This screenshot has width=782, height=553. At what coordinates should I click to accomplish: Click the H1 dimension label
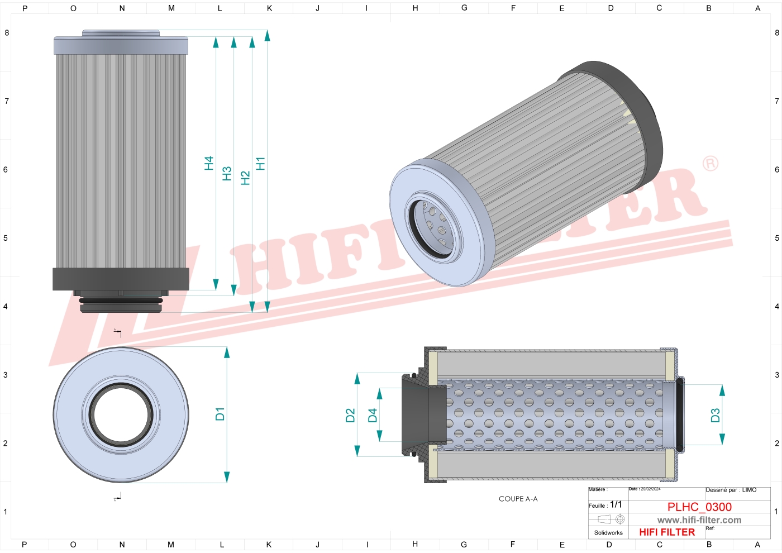(x=260, y=164)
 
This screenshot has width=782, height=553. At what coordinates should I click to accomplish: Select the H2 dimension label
(x=245, y=178)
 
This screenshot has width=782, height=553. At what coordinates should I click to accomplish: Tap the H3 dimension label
(x=227, y=173)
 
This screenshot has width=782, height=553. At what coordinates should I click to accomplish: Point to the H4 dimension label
(x=209, y=163)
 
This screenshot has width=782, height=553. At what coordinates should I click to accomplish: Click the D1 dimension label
(x=220, y=414)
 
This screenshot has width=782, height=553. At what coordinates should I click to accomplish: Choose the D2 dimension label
(x=350, y=416)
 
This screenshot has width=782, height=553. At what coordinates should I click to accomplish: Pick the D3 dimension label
(x=715, y=415)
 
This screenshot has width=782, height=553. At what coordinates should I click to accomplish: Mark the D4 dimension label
(x=373, y=416)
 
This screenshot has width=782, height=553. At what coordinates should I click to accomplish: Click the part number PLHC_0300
(x=699, y=507)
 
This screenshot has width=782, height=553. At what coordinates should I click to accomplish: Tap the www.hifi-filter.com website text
(x=699, y=520)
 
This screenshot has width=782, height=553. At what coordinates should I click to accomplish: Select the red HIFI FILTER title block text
(x=667, y=532)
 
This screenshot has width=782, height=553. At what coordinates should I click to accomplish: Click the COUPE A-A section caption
(x=518, y=499)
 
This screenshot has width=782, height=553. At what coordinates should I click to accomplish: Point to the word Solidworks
(x=608, y=533)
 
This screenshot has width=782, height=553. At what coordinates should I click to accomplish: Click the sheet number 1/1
(x=616, y=504)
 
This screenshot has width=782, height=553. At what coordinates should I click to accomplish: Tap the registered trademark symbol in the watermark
(x=710, y=164)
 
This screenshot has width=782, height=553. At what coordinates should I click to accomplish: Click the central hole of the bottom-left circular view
(x=121, y=414)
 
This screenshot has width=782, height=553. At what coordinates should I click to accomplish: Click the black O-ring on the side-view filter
(x=121, y=301)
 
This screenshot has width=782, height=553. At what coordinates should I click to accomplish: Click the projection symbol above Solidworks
(x=611, y=519)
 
